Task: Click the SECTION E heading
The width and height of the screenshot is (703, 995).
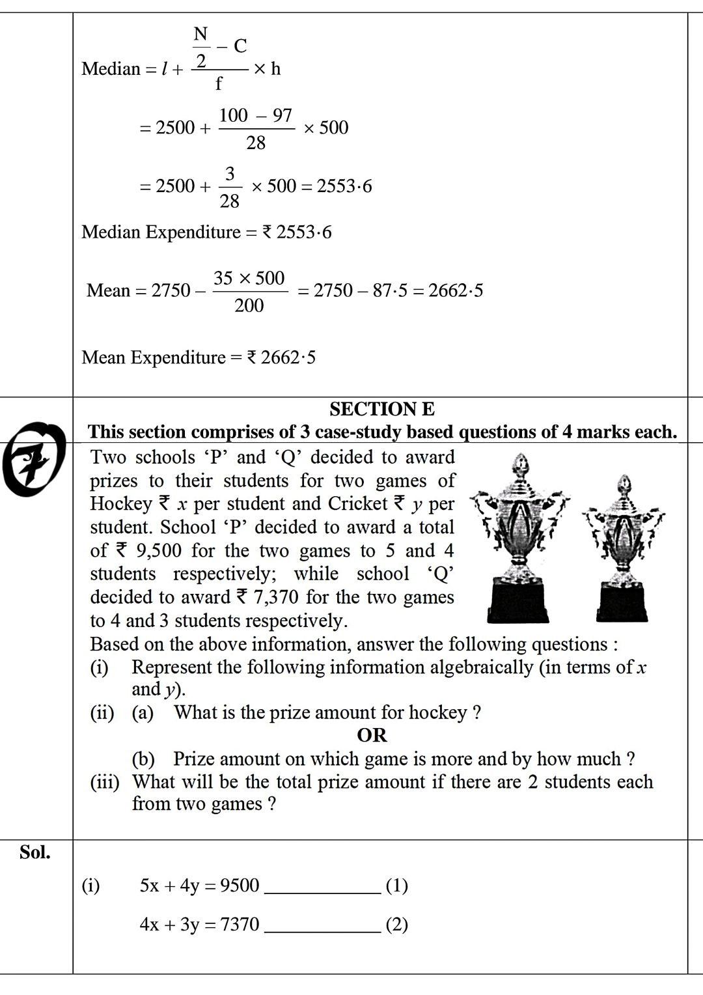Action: click(382, 409)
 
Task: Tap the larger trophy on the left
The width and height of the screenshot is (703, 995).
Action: click(520, 540)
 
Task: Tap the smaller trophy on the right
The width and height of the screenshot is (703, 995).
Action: click(623, 550)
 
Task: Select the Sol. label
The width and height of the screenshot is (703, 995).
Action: click(35, 852)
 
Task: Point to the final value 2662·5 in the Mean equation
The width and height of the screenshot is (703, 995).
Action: click(456, 290)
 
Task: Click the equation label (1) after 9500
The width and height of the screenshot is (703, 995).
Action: click(397, 886)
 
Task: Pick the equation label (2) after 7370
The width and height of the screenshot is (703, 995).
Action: click(397, 925)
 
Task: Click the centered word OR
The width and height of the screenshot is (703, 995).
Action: click(372, 735)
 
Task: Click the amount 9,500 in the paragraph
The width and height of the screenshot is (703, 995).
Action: click(159, 551)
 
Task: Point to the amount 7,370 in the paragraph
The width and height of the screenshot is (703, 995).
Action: click(274, 597)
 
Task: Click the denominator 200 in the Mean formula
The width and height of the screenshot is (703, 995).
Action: click(249, 305)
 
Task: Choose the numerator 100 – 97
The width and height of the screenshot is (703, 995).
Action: click(256, 115)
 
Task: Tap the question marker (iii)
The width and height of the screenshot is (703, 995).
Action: click(105, 781)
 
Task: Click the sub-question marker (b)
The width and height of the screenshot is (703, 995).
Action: click(143, 759)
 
